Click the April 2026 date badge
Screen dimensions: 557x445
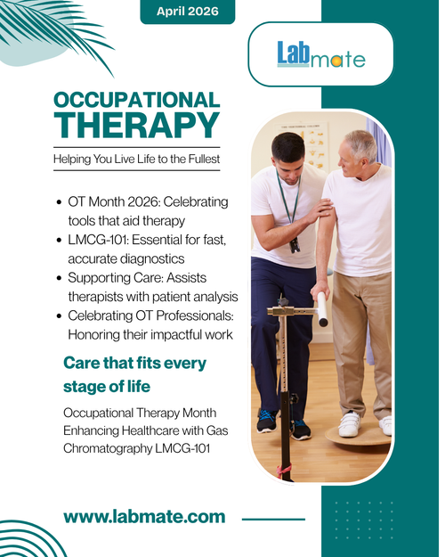point(187,11)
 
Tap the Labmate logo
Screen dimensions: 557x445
point(320,56)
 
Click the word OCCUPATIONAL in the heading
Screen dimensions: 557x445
point(136,100)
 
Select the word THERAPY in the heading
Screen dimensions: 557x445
point(136,125)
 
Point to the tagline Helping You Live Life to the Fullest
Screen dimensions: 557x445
point(136,159)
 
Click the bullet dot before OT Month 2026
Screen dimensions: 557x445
point(59,203)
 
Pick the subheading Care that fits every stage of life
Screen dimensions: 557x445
point(133,374)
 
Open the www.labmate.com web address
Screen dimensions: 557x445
point(144,516)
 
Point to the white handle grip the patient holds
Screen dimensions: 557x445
point(322,308)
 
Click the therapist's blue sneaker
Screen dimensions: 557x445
point(266,420)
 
